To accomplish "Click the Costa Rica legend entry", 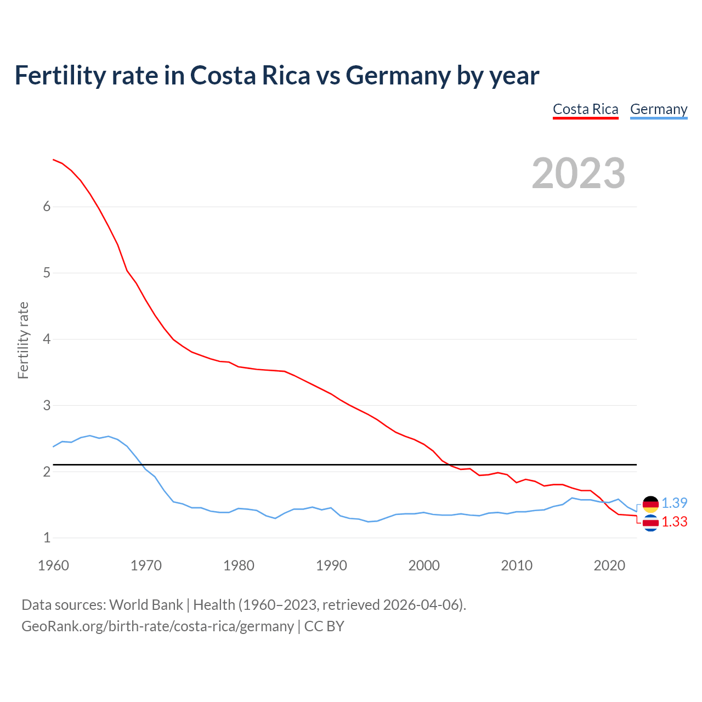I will click(585, 109).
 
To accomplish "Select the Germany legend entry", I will click(658, 109).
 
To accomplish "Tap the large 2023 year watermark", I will click(578, 173).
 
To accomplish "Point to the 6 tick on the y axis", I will click(47, 207).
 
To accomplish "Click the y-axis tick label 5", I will click(47, 273).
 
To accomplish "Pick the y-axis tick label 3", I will click(47, 405).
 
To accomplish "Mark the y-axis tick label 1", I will click(47, 538).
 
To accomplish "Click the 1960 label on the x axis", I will click(53, 565).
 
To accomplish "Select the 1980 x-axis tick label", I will click(239, 565).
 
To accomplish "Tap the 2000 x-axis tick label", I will click(424, 565).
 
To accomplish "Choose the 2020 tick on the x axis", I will click(609, 565).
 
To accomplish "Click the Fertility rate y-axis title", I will click(23, 340).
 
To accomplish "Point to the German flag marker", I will click(650, 503).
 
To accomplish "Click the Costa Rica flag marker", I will click(650, 523).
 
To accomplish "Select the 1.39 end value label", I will click(674, 503).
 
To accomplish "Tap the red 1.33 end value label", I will click(674, 522).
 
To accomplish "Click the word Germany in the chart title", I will click(398, 75).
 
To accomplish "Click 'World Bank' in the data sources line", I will click(146, 605).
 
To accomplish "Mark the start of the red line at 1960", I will click(53, 160).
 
